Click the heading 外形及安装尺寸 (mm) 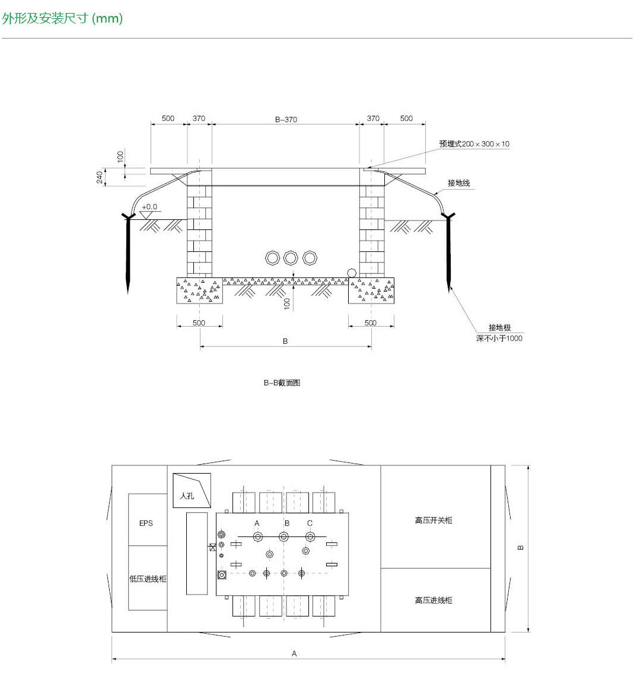pos(62,18)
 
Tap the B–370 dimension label pos(286,120)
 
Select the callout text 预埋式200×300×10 pos(474,144)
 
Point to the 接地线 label pos(458,183)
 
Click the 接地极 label pos(499,328)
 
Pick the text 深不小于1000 pos(499,338)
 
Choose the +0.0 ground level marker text pos(149,207)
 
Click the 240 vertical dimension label pos(100,177)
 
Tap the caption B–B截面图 pos(282,382)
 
